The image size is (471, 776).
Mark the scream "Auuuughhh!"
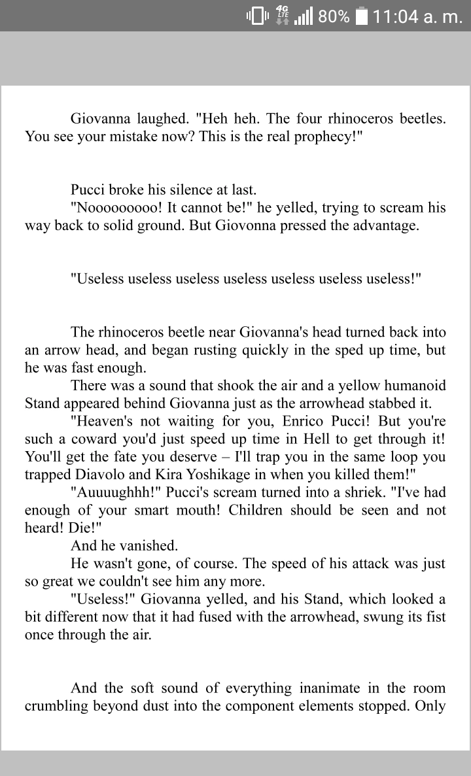110,492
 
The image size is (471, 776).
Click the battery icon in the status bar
362,16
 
